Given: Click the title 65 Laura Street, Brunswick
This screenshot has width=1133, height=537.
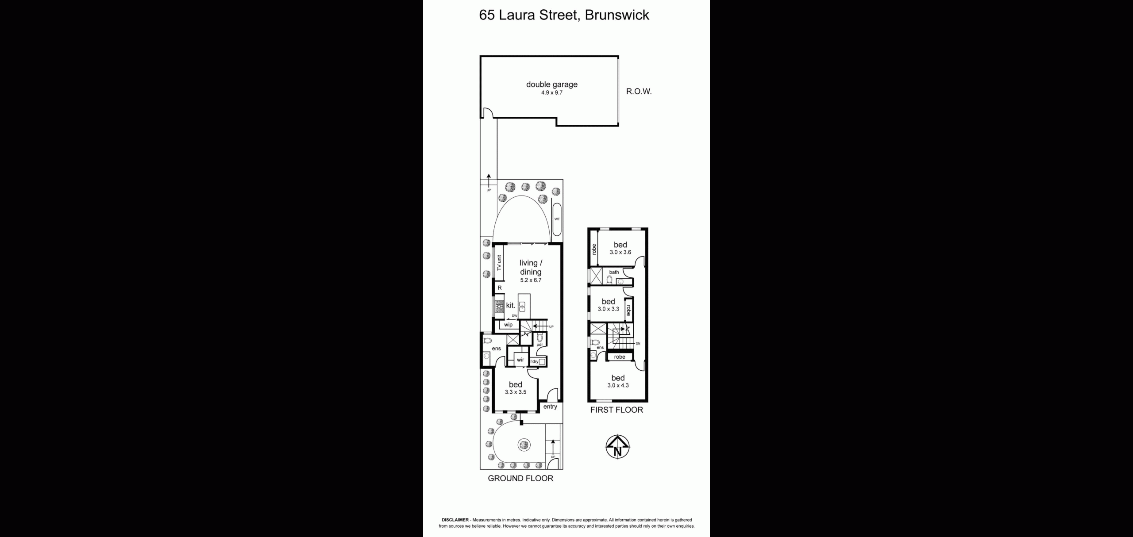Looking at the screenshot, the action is coord(564,15).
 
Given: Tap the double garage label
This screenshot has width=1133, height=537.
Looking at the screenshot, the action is coord(551,84).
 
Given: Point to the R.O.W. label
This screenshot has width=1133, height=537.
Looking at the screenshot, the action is coord(639,92).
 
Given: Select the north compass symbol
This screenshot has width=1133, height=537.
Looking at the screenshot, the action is coord(617,447).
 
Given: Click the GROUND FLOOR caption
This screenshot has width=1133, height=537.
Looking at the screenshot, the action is coord(520,478).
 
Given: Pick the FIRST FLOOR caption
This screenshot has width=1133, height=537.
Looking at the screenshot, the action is coord(617,410).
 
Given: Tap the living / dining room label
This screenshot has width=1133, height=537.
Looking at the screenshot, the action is coord(531,268).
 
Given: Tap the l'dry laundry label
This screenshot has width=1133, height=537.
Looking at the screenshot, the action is coord(534,361).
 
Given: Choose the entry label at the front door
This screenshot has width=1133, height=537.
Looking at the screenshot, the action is coord(550,407).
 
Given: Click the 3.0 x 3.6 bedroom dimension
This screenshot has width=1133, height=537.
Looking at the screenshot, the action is coord(620,252).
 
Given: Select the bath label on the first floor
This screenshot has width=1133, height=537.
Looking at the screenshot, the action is coord(614,272).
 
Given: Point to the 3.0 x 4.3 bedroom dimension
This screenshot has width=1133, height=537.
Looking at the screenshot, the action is coord(618,385).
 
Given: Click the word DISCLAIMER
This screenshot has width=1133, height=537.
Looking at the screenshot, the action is coord(455,520).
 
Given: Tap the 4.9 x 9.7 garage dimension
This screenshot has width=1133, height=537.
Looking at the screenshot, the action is coord(551,93).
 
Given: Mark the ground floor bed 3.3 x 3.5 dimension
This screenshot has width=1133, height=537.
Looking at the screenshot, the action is coord(515,392).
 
